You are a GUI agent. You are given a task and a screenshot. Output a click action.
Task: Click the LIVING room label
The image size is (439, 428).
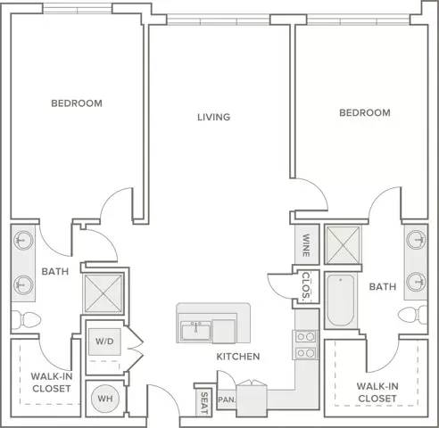(x=214, y=117)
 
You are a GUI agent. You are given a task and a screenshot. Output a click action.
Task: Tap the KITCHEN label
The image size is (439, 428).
(x=238, y=357)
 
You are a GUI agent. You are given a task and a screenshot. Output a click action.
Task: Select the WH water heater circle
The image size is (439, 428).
(x=105, y=399)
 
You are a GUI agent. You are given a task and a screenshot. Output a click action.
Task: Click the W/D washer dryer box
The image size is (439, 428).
(x=104, y=342)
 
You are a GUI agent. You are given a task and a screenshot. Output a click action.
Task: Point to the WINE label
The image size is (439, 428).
(x=306, y=245)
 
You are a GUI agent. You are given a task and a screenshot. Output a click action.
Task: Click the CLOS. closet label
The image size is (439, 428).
(x=306, y=285)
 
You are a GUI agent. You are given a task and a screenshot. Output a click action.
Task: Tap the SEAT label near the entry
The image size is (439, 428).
(x=204, y=403)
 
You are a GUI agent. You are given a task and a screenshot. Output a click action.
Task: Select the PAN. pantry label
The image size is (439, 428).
(x=227, y=399)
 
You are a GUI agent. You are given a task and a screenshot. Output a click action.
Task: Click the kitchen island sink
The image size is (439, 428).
(x=195, y=331)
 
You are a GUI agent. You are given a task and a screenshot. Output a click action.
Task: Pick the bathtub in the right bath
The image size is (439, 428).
(x=341, y=300)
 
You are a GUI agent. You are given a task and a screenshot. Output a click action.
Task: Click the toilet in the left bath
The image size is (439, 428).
(x=26, y=319)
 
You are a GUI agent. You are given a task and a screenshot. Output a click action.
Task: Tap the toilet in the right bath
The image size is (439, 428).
(x=413, y=314)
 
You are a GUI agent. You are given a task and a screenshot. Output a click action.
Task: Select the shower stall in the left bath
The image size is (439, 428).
(x=104, y=293)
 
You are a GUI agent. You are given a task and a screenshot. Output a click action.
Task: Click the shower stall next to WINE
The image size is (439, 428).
(x=343, y=245)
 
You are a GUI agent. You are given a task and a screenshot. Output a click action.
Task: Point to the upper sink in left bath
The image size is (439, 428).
(x=23, y=240)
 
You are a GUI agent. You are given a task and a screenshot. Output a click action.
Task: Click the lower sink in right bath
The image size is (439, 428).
(x=416, y=282)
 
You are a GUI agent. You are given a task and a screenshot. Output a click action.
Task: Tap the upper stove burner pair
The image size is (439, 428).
(x=305, y=337)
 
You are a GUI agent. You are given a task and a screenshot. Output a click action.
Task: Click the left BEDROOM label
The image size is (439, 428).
(x=77, y=103)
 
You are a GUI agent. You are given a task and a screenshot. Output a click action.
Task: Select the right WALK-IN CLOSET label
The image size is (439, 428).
(x=377, y=392)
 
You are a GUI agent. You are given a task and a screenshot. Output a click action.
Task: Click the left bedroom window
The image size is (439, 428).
(x=78, y=9)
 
